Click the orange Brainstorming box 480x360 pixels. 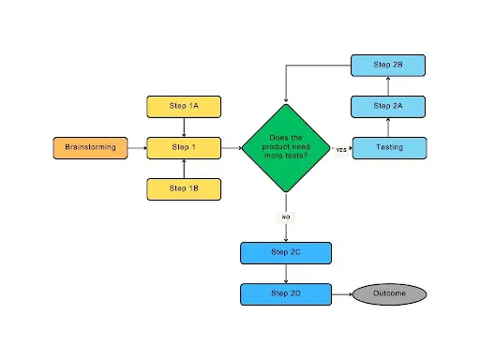coord(89,147)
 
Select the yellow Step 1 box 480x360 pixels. coord(184,147)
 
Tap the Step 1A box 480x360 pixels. coord(184,106)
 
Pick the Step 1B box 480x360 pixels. coord(184,188)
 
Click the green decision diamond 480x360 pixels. coord(285,148)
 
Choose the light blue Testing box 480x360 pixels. coord(389,147)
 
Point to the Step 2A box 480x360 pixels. coord(389,106)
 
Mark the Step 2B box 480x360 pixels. coord(389,65)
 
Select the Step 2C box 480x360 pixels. coord(285,252)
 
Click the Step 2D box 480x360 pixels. coord(285,293)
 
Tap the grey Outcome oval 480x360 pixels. coord(389,293)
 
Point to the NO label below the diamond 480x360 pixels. coord(285,217)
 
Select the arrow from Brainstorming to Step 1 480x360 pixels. coord(136,147)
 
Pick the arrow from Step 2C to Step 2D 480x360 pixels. coord(285,273)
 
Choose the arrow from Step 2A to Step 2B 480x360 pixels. coord(389,85)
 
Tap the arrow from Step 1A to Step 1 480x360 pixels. coord(184,127)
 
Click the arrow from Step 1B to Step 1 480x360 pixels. coord(184,168)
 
